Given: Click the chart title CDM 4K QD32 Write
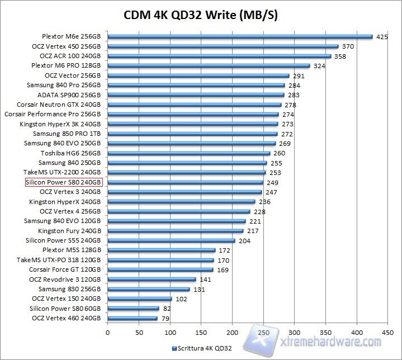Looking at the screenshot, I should pyautogui.click(x=201, y=16).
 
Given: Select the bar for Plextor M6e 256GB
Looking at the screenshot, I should pyautogui.click(x=240, y=37).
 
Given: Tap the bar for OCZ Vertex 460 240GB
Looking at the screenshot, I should pyautogui.click(x=132, y=318).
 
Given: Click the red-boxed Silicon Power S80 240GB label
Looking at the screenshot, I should pyautogui.click(x=63, y=182).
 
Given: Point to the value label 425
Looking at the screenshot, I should pyautogui.click(x=382, y=37).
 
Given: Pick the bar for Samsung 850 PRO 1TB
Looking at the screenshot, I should pyautogui.click(x=192, y=134).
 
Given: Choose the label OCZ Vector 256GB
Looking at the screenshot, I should pyautogui.click(x=73, y=75).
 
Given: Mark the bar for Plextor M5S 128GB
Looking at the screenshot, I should pyautogui.click(x=161, y=250).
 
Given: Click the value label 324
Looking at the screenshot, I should pyautogui.click(x=319, y=66).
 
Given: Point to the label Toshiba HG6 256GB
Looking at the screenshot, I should pyautogui.click(x=70, y=153).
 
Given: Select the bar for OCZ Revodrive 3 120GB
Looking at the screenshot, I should pyautogui.click(x=152, y=279).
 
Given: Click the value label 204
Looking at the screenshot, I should pyautogui.click(x=244, y=240).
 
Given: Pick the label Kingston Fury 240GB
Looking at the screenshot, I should pyautogui.click(x=69, y=231).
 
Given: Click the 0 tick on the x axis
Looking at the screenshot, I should pyautogui.click(x=107, y=331).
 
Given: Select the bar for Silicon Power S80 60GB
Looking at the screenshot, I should pyautogui.click(x=133, y=308).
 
